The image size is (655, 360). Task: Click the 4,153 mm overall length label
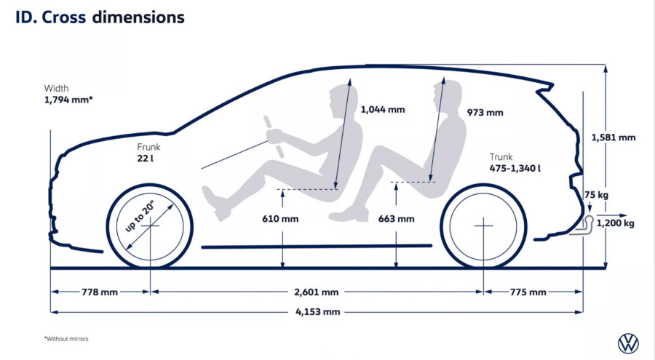pyautogui.click(x=317, y=311)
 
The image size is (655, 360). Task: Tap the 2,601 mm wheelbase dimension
pyautogui.click(x=317, y=292)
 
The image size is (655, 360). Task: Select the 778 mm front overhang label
pyautogui.click(x=100, y=292)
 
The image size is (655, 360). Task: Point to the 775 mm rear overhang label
pyautogui.click(x=528, y=292)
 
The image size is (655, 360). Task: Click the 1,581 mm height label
pyautogui.click(x=614, y=137)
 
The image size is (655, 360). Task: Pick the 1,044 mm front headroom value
pyautogui.click(x=383, y=109)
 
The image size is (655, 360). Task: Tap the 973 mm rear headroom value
pyautogui.click(x=485, y=112)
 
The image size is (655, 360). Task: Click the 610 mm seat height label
pyautogui.click(x=280, y=218)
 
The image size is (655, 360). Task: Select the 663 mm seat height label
pyautogui.click(x=396, y=218)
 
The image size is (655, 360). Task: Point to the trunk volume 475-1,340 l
pyautogui.click(x=515, y=168)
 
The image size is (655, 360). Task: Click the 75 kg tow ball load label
pyautogui.click(x=596, y=195)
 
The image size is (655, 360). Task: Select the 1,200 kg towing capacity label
pyautogui.click(x=615, y=223)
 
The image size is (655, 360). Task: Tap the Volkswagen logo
pyautogui.click(x=628, y=343)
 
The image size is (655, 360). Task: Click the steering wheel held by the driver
pyautogui.click(x=274, y=137)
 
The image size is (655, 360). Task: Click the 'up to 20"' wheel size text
pyautogui.click(x=140, y=216)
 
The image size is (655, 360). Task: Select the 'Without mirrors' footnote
pyautogui.click(x=66, y=339)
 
